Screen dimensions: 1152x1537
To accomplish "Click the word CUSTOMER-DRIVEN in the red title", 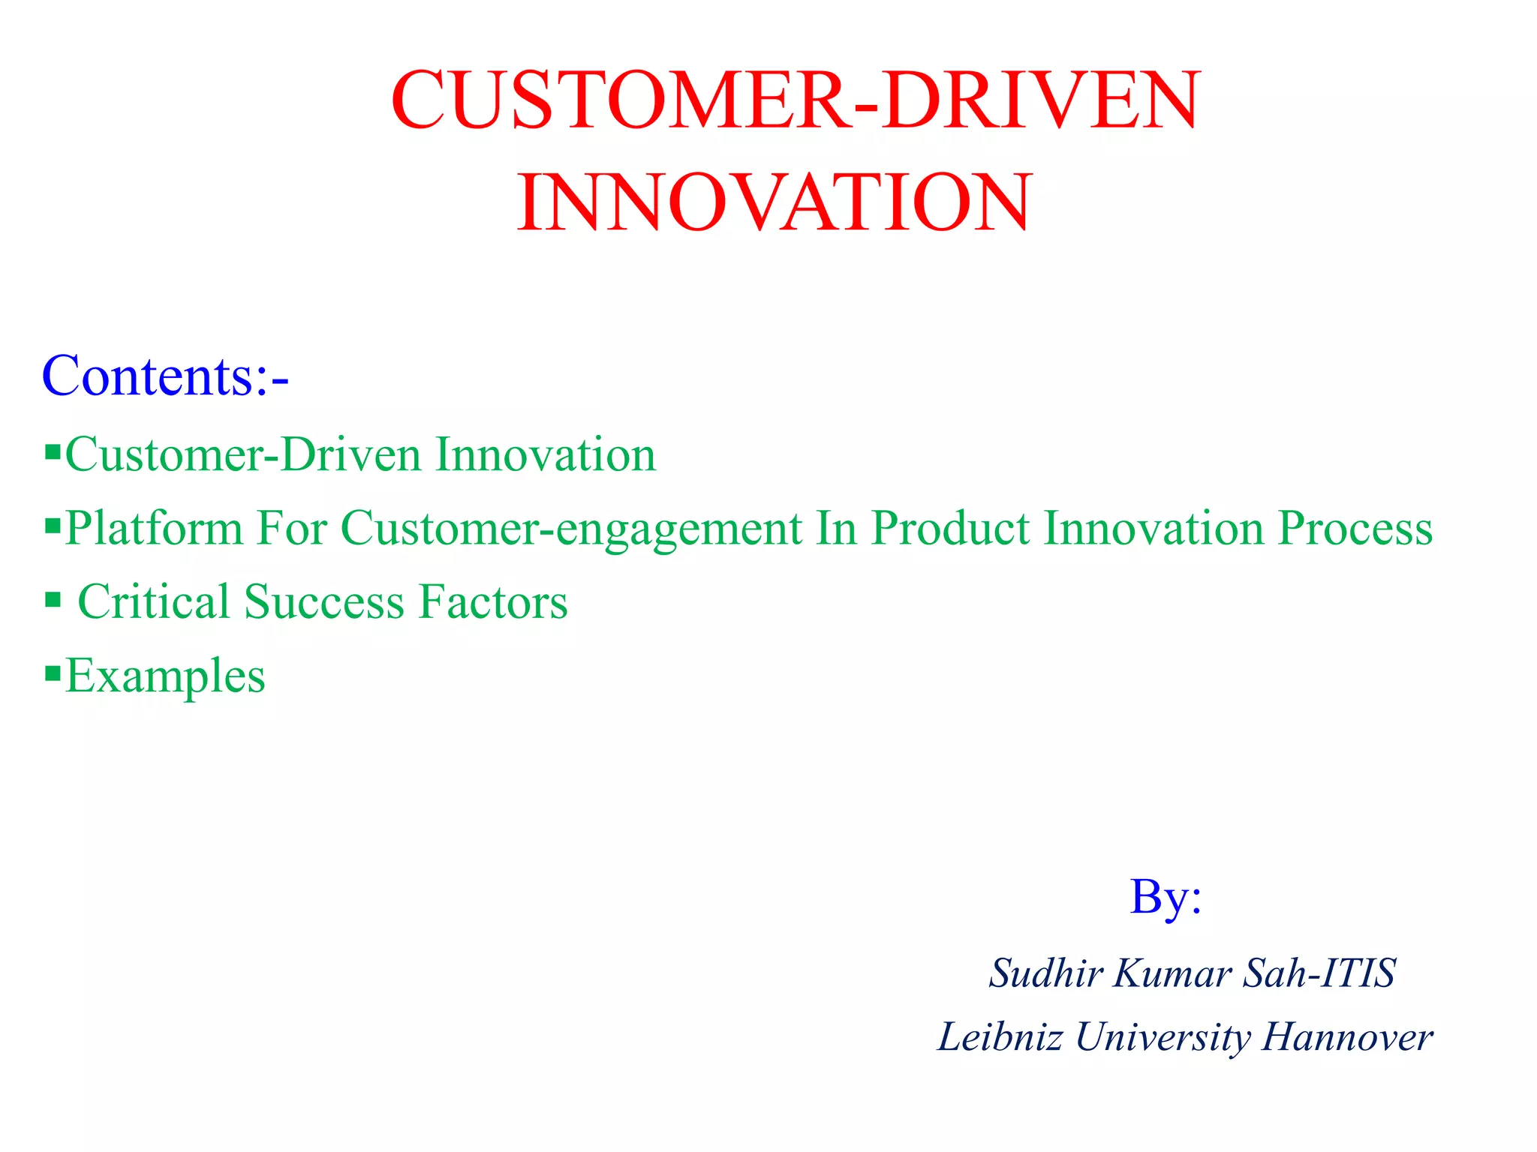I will tap(796, 100).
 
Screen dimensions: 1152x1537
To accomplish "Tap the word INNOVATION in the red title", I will tap(775, 202).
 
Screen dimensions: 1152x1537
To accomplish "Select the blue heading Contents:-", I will tap(165, 376).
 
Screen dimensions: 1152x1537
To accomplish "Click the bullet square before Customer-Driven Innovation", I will tap(53, 452).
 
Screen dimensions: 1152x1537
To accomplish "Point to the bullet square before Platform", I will tap(53, 525).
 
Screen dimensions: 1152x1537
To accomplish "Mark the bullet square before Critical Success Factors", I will tap(53, 599).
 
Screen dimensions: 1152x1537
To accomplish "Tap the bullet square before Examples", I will tap(53, 673).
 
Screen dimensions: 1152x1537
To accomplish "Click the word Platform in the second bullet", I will tap(154, 529).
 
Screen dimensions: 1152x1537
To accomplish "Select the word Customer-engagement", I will tap(571, 529).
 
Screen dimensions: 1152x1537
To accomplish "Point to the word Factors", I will tap(493, 602).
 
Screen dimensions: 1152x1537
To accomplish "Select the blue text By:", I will tap(1166, 898).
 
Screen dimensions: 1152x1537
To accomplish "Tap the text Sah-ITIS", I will tap(1319, 973).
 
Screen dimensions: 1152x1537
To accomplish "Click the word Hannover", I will tap(1347, 1038).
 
